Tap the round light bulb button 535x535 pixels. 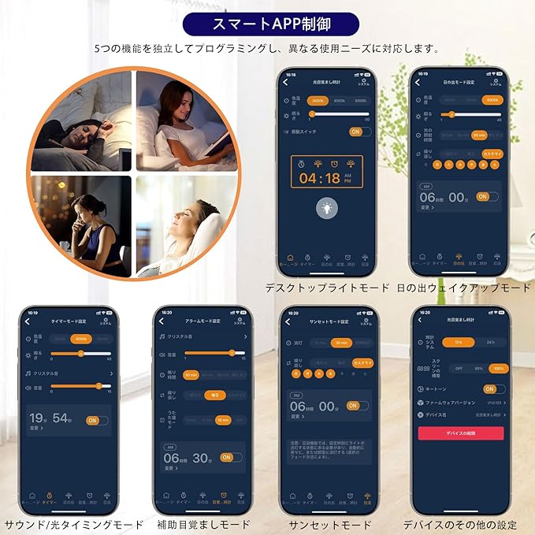tap(326, 207)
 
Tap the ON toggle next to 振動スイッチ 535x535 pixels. tap(355, 132)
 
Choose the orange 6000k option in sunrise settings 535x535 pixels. tap(493, 100)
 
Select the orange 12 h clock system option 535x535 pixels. tap(458, 343)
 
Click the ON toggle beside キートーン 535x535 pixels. tap(492, 388)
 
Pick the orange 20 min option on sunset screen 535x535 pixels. tap(341, 343)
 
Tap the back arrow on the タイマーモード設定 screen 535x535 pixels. tap(28, 321)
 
